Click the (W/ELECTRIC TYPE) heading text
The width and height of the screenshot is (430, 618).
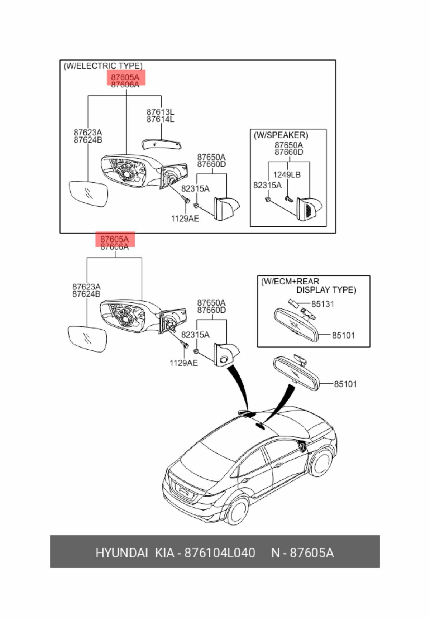coord(103,66)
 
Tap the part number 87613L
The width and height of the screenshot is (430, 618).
coord(160,112)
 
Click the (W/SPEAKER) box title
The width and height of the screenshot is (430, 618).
coord(281,135)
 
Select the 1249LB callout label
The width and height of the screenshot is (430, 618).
coord(287,175)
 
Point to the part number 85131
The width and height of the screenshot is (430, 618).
coord(322,304)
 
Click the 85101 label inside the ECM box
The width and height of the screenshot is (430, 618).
coord(343,335)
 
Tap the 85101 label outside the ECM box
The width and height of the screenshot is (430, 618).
coord(345,384)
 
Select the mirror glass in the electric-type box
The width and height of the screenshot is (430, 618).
coord(88,194)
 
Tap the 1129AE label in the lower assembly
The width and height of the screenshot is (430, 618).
coord(183,363)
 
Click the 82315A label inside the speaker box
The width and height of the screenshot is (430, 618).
coord(267,185)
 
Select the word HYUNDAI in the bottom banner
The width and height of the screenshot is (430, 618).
coord(121,553)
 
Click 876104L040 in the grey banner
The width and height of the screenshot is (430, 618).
coord(219,553)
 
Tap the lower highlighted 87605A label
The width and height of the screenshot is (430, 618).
coord(115,239)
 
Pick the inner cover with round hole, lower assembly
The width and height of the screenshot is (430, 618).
coord(225,355)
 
